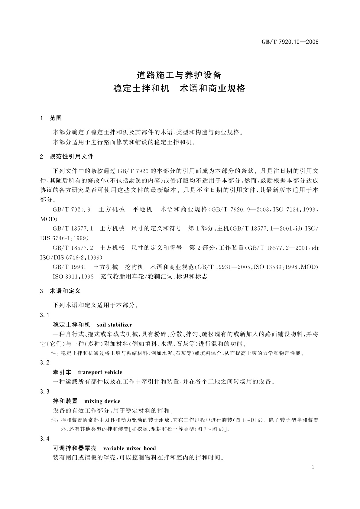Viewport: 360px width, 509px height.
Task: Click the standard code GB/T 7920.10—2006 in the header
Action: tap(290, 42)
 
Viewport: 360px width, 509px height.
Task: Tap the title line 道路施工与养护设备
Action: tap(180, 75)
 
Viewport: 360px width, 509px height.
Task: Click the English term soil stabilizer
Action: tap(115, 325)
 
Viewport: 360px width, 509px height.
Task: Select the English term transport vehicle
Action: tap(100, 372)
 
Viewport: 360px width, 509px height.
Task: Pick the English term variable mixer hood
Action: tap(130, 448)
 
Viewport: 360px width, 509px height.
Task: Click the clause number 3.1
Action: tap(44, 316)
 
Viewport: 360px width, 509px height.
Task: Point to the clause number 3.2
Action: tap(44, 363)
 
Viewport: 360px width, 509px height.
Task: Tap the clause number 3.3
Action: tap(44, 392)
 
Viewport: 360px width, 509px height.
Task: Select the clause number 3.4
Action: tap(44, 439)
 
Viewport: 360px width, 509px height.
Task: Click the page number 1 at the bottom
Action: tap(313, 467)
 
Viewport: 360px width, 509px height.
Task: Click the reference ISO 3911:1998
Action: tap(73, 277)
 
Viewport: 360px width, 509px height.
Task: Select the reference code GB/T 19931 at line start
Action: tap(70, 267)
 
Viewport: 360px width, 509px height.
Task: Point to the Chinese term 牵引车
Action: tap(62, 372)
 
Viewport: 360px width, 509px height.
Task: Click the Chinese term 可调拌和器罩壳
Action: tap(75, 448)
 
